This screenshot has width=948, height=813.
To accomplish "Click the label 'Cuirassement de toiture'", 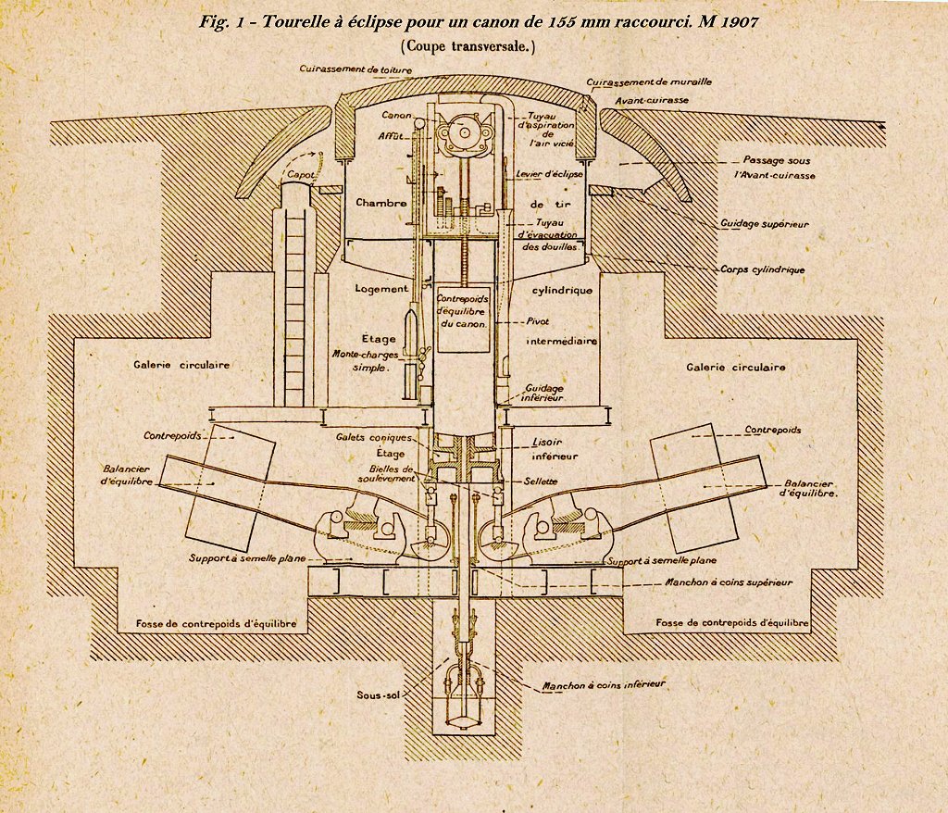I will click(354, 69).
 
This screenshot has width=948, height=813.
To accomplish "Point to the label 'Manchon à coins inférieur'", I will click(605, 685).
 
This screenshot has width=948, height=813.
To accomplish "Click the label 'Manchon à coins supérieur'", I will click(716, 582).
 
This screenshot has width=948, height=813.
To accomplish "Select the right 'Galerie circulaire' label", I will click(736, 367).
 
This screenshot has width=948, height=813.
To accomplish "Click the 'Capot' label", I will click(300, 173).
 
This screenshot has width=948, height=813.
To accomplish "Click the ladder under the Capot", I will click(296, 296).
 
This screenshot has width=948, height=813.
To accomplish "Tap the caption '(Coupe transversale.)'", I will click(468, 45).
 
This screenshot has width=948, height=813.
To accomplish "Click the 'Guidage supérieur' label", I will click(765, 224).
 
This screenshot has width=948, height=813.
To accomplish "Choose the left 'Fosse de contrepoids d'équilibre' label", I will click(217, 623).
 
